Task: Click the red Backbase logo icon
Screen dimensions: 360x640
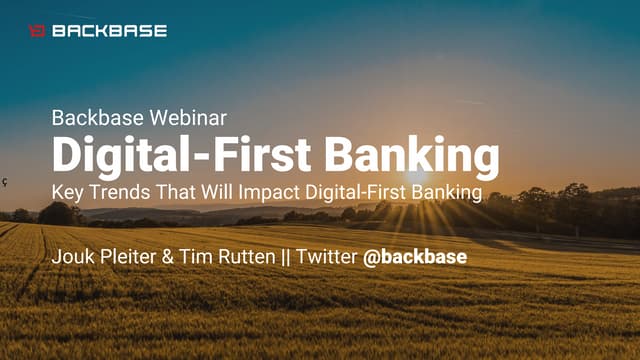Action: tap(37, 31)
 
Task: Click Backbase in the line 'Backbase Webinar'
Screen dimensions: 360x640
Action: tap(93, 117)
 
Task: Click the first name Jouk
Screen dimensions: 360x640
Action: tap(73, 257)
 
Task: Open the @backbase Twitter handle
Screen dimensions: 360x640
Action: tap(414, 257)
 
